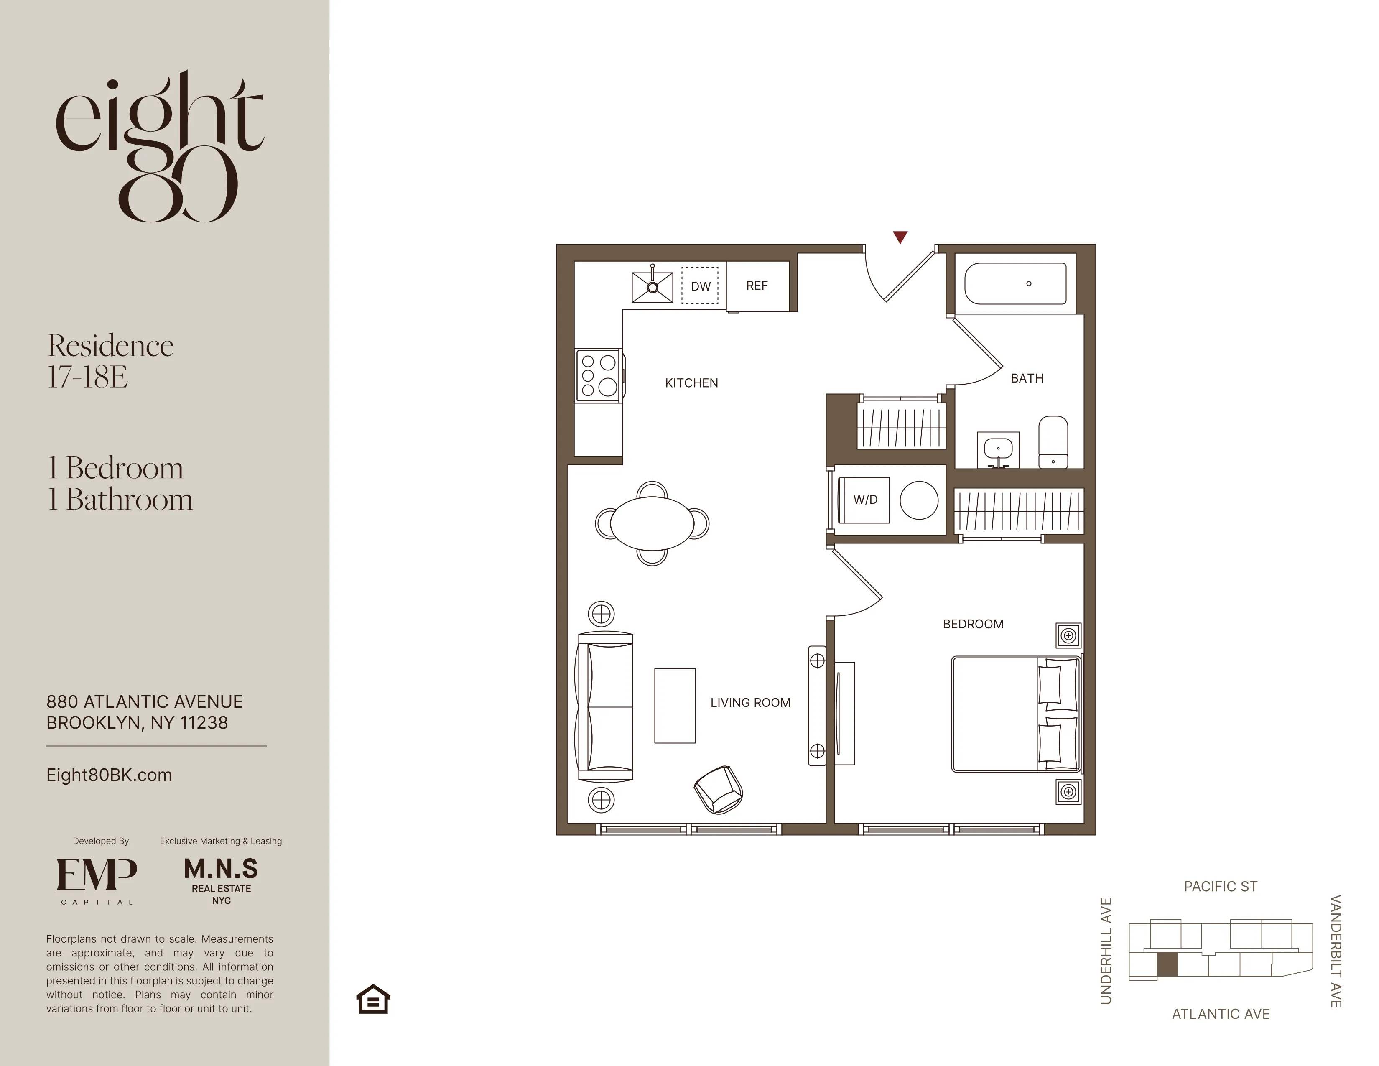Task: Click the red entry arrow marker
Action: click(x=900, y=237)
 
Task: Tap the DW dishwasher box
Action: click(x=700, y=286)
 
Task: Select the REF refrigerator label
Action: click(x=757, y=286)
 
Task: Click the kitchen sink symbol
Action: click(x=652, y=287)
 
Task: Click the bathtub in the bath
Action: click(x=1014, y=283)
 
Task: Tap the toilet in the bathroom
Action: click(x=1053, y=441)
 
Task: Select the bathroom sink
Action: click(x=998, y=450)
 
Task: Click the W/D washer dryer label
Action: click(x=865, y=500)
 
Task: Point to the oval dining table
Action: click(x=652, y=523)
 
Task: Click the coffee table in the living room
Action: click(x=674, y=705)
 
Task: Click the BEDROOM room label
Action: click(x=972, y=624)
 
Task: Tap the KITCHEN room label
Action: click(x=691, y=383)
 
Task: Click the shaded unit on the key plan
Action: click(x=1167, y=964)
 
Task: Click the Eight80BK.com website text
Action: click(x=109, y=775)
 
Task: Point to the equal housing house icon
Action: click(x=373, y=999)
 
